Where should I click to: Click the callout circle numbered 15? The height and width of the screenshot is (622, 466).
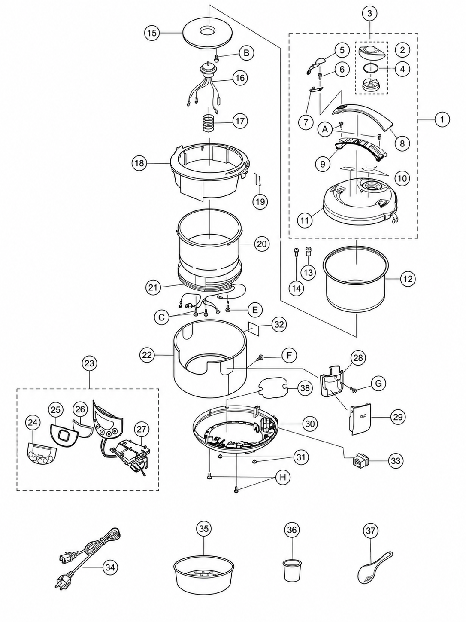(152, 33)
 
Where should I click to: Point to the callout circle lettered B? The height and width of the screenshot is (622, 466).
(246, 53)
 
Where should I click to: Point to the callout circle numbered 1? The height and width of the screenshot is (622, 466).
(442, 119)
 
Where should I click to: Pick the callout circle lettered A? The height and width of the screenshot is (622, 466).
(325, 129)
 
